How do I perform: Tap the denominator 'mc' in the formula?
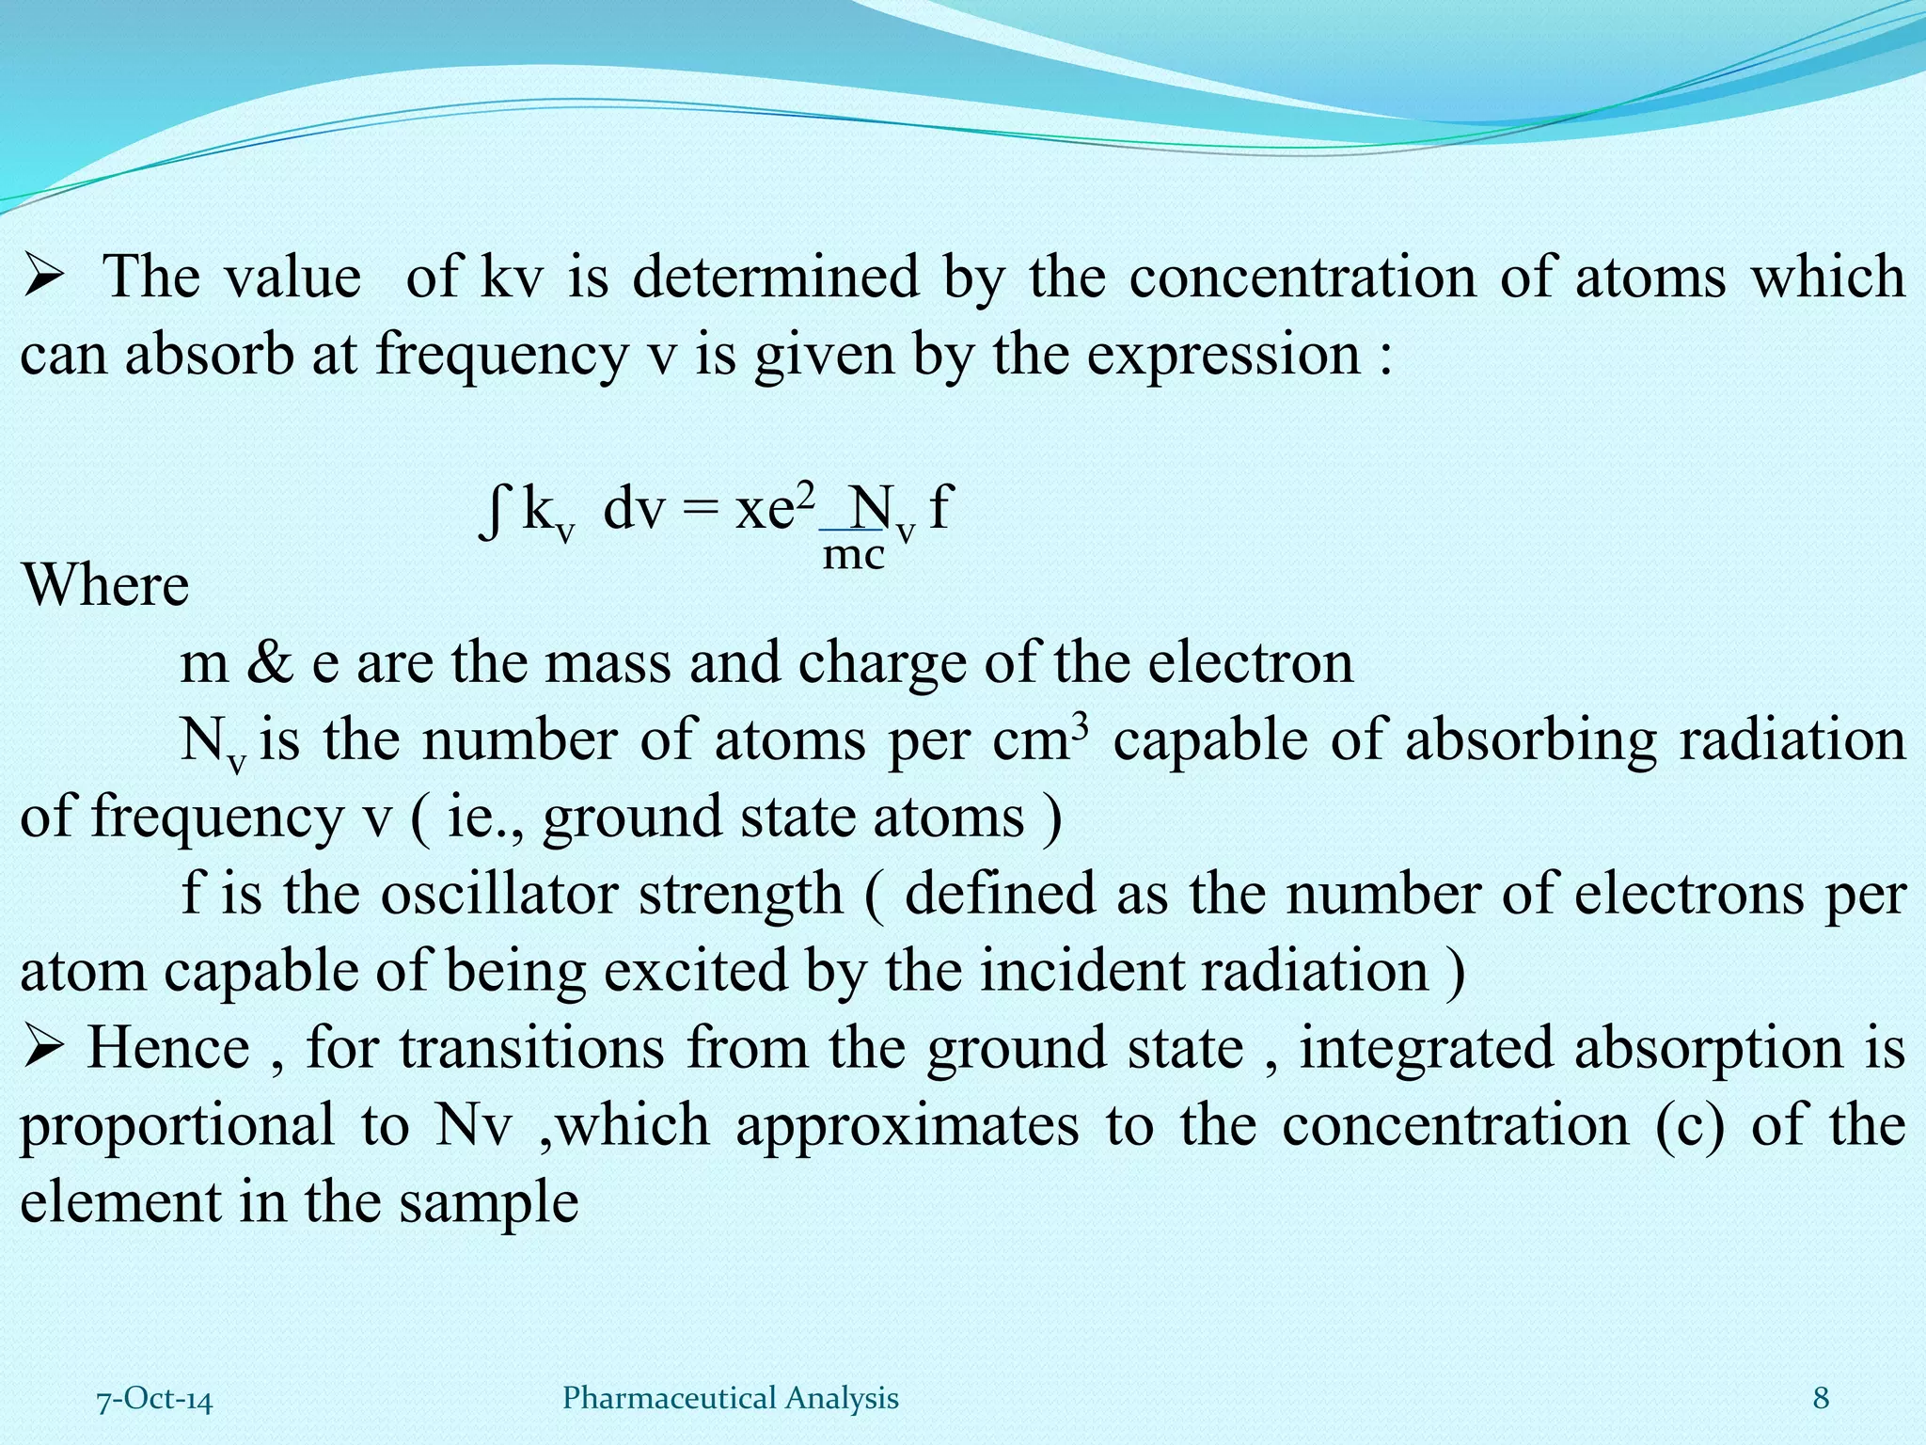854,555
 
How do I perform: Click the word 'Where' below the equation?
105,585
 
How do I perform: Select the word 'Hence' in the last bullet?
168,1048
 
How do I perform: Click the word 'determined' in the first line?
775,278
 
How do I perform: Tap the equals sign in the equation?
701,512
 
